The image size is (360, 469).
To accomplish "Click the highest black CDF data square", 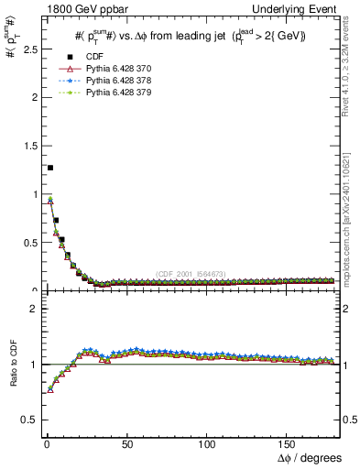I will point(49,168).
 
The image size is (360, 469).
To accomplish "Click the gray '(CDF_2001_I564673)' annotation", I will point(191,275).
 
